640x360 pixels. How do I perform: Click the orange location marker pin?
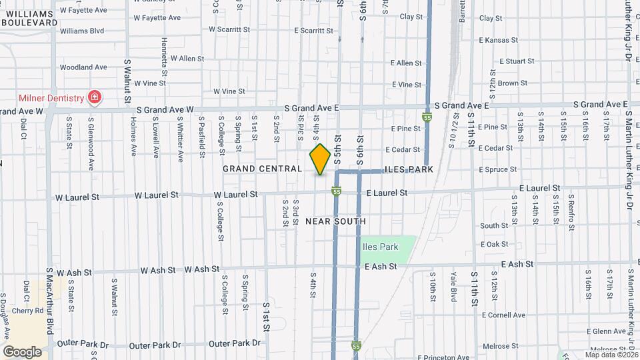(x=320, y=159)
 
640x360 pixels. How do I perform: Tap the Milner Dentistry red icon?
(x=94, y=98)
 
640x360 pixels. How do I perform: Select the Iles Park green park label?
(x=380, y=247)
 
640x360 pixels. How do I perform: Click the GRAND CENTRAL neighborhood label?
(x=262, y=169)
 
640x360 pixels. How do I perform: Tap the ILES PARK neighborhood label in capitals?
(x=409, y=170)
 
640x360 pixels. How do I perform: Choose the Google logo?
(x=22, y=351)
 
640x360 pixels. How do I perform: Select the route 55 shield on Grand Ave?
(x=427, y=117)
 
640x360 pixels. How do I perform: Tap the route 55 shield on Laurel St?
(x=337, y=192)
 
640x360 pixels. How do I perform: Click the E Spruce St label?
(x=498, y=170)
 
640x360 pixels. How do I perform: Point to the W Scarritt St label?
(x=229, y=30)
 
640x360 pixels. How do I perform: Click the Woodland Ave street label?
(x=83, y=67)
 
